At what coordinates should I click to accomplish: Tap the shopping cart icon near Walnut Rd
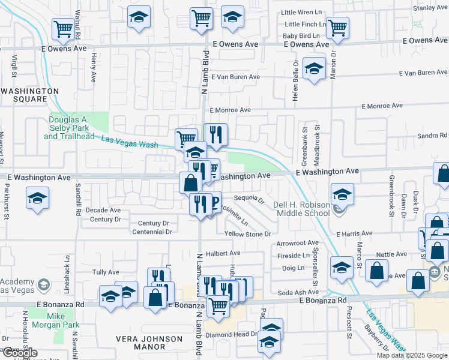point(63,28)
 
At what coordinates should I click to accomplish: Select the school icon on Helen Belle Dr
point(313,68)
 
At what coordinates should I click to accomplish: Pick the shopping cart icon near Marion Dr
point(338,27)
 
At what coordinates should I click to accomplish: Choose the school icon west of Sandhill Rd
point(37,198)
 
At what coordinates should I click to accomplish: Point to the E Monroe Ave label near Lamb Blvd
point(231,110)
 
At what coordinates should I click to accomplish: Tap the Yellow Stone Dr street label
point(248,233)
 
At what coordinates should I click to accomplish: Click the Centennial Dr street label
point(152,232)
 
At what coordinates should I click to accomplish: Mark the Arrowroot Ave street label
point(297,244)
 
